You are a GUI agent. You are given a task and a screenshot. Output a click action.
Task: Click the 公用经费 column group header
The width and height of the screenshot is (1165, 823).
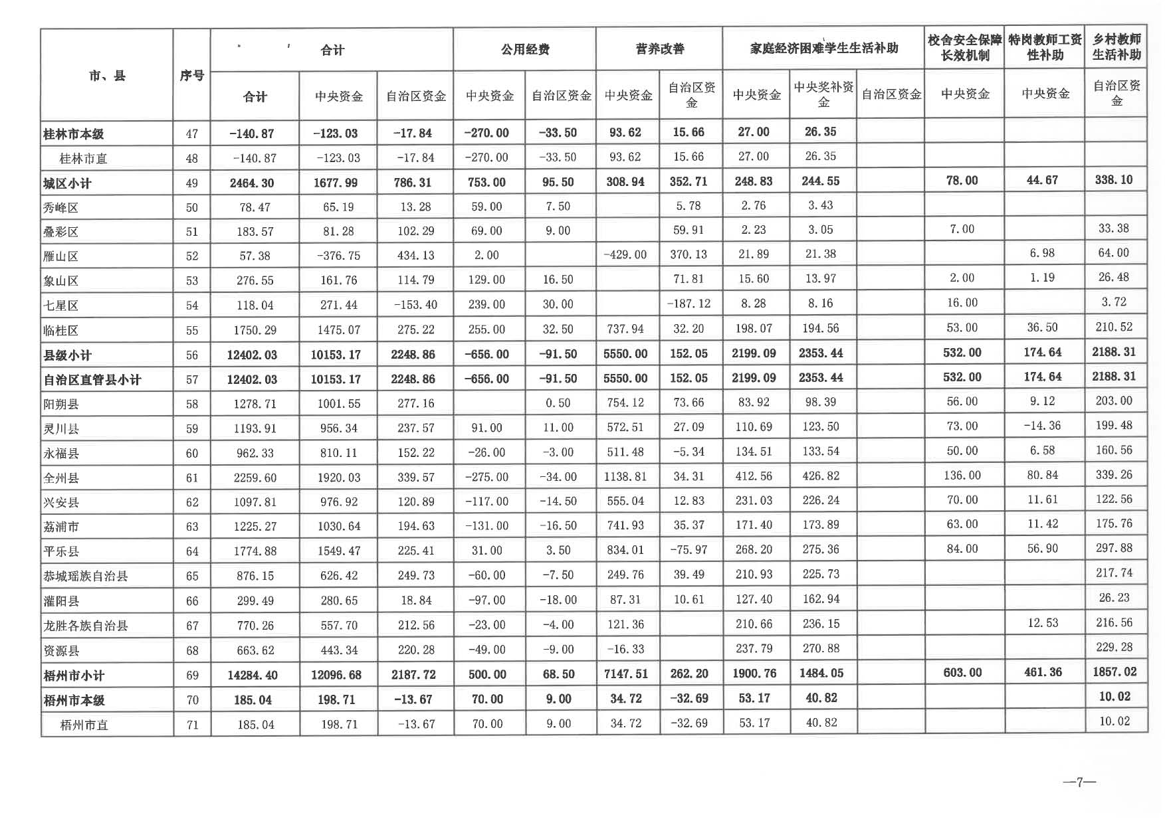click(525, 49)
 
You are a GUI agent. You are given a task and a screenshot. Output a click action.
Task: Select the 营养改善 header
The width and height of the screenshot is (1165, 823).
click(659, 49)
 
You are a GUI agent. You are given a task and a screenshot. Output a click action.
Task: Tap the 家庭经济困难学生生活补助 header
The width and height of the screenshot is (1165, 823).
click(823, 48)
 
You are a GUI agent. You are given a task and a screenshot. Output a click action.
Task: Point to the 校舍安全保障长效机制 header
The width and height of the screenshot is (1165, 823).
click(964, 48)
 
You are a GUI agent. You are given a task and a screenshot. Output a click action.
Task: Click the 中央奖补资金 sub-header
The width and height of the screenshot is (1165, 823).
click(823, 94)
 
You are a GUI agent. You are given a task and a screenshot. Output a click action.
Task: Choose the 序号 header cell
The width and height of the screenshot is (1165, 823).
click(192, 76)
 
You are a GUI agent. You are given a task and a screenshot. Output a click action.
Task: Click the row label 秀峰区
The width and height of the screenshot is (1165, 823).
click(61, 207)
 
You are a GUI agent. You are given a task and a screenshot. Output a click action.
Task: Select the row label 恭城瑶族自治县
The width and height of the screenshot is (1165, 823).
click(86, 576)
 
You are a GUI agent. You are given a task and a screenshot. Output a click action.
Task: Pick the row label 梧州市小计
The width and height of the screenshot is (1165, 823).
click(74, 676)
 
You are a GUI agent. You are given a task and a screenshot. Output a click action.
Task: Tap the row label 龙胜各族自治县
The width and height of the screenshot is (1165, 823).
click(86, 626)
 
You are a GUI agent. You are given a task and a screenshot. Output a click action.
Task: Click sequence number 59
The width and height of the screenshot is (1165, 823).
click(192, 428)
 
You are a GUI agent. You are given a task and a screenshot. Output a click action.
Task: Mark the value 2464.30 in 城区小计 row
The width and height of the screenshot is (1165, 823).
click(252, 183)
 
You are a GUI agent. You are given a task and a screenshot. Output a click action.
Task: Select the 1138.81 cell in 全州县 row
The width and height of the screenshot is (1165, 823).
click(625, 477)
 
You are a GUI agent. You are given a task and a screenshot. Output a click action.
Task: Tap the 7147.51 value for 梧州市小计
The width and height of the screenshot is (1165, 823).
click(625, 674)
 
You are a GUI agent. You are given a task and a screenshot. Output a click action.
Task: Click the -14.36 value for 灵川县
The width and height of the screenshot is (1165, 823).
click(1042, 426)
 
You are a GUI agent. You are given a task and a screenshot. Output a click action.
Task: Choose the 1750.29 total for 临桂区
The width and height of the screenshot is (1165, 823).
click(255, 330)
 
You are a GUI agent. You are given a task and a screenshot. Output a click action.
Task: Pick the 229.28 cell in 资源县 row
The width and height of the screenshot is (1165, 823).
click(1114, 647)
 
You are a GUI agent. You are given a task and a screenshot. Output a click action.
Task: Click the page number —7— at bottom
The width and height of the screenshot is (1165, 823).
click(1079, 782)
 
